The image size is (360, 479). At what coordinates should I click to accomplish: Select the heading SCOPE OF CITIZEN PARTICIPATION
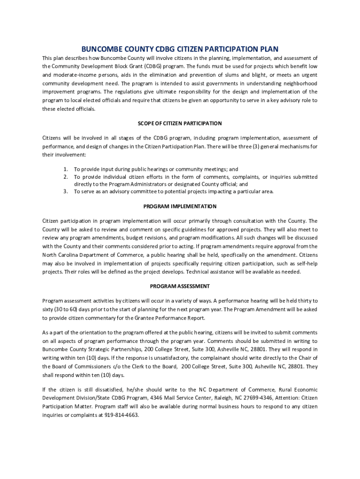click(x=180, y=123)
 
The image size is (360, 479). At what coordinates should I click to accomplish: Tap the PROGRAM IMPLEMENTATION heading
click(x=180, y=206)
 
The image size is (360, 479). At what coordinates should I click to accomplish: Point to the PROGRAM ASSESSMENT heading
click(x=180, y=286)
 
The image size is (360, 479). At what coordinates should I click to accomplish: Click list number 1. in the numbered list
click(x=66, y=169)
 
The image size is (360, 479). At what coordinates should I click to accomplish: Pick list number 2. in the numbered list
click(x=66, y=177)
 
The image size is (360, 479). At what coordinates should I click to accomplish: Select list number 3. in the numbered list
click(x=66, y=191)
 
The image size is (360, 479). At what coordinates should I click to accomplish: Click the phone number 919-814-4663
click(x=122, y=415)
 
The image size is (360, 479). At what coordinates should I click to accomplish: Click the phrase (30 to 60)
click(x=65, y=309)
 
